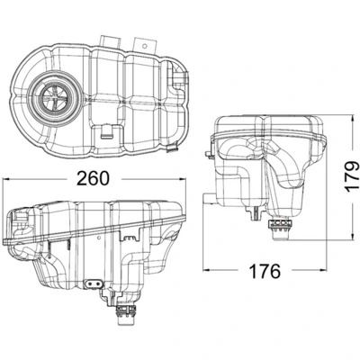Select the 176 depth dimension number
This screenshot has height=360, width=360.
(x=265, y=270)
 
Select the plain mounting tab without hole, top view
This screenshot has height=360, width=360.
(x=111, y=40)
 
